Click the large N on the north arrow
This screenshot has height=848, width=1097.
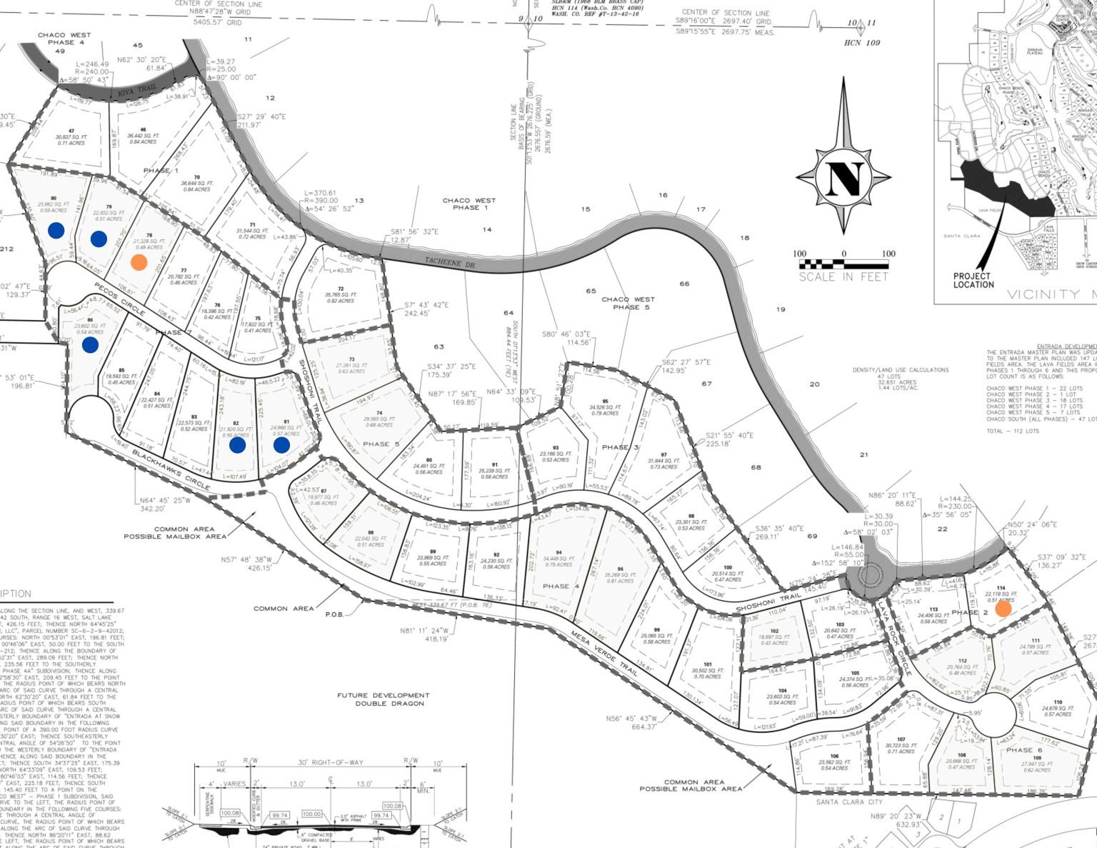(x=844, y=179)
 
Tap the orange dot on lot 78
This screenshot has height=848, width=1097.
(x=139, y=261)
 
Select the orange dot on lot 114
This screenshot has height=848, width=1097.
(x=1003, y=609)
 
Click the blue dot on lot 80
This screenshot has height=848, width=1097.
(x=56, y=230)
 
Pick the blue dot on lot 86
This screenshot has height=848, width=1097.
(x=90, y=345)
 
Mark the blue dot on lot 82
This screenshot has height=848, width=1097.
(x=237, y=445)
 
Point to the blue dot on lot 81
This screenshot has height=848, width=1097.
(x=281, y=445)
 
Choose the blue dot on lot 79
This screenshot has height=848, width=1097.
(x=99, y=239)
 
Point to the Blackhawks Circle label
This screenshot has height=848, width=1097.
(x=171, y=471)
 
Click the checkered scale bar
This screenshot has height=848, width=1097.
(x=843, y=264)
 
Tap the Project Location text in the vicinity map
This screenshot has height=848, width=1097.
(x=973, y=280)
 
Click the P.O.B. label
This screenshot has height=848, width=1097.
(x=334, y=614)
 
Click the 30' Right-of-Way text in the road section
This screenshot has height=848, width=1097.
(x=331, y=762)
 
